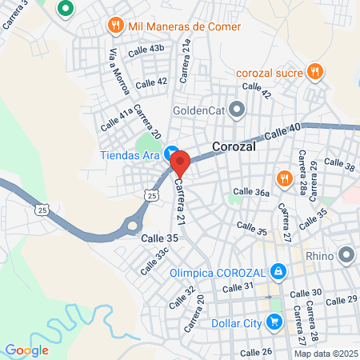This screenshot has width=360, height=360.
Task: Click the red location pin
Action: [180, 163]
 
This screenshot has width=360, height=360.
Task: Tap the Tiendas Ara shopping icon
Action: [170, 154]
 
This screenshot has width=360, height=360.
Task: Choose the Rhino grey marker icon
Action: [346, 256]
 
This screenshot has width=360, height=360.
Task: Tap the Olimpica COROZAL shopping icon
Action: [277, 272]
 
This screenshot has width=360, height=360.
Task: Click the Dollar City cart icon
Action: [274, 322]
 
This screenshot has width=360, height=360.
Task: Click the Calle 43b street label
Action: [146, 49]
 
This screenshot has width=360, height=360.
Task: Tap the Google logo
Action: [26, 350]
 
